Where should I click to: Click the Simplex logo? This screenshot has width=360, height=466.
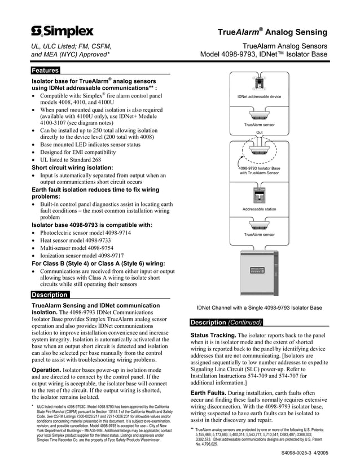pos(62,31)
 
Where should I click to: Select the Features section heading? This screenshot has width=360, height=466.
pos(45,71)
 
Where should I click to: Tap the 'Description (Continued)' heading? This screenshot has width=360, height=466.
pos(226,323)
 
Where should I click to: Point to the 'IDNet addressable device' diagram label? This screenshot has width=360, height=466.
pos(259,97)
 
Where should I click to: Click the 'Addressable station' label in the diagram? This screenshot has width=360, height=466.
pos(259,209)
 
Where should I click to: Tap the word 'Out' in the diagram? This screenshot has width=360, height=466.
pos(260,132)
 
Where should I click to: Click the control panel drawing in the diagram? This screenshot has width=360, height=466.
pos(259,273)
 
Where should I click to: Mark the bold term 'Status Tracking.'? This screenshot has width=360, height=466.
pos(213,336)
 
